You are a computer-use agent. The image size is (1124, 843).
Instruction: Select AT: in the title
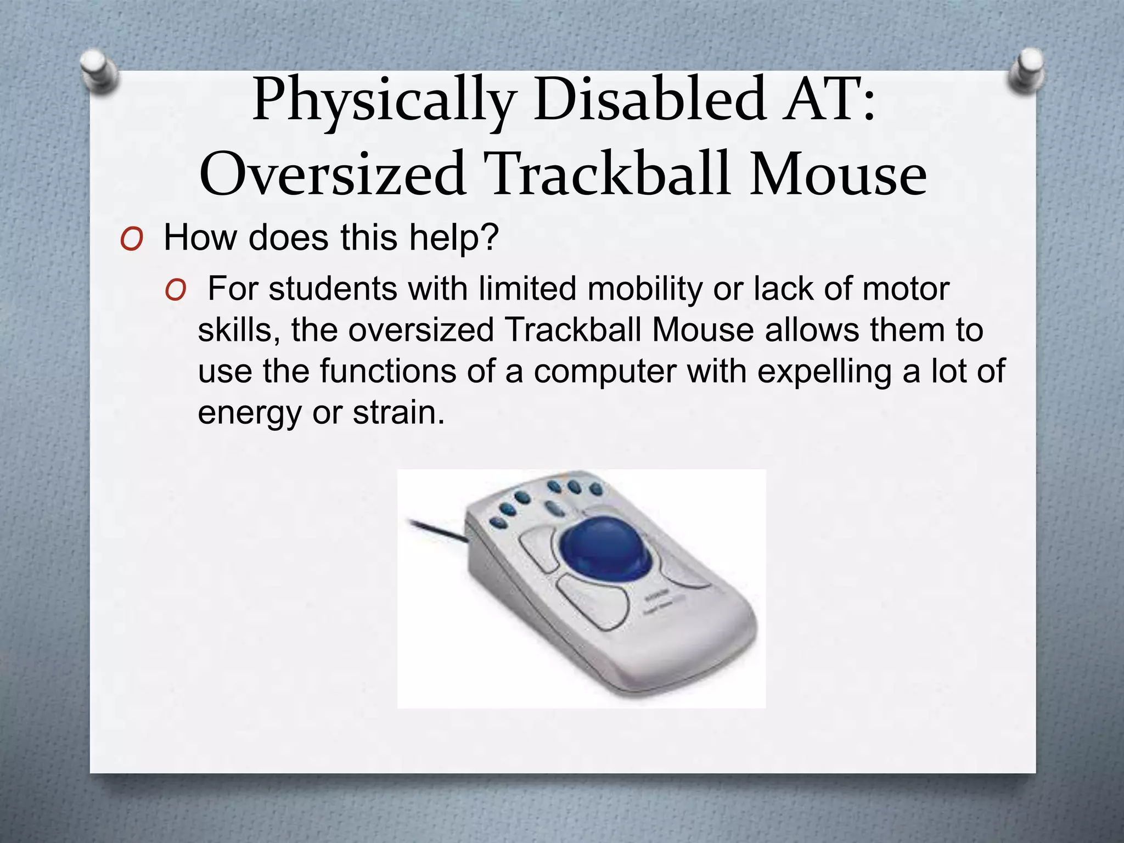tap(829, 100)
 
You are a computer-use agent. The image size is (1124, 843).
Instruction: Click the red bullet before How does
tap(132, 239)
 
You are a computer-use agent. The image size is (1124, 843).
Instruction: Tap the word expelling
tap(824, 372)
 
